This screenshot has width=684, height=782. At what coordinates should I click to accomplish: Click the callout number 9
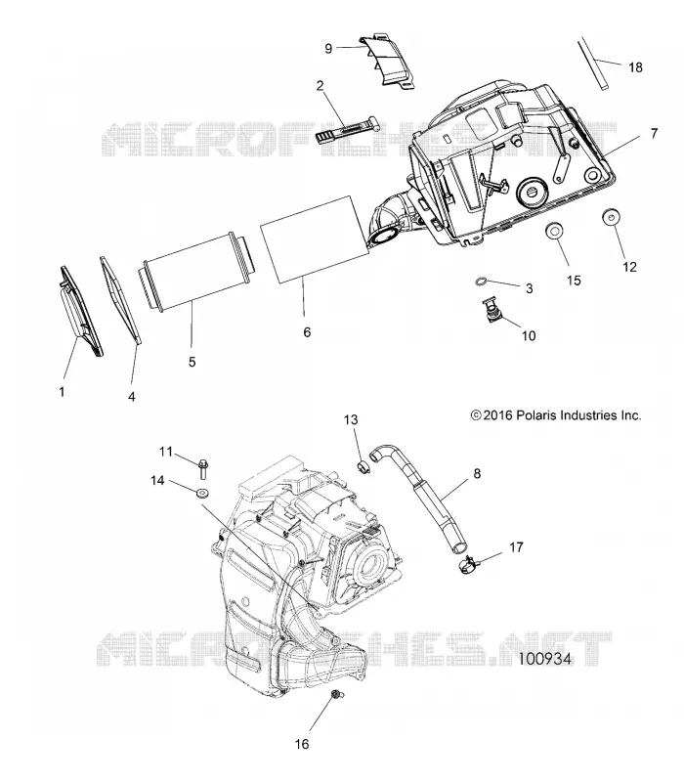(328, 48)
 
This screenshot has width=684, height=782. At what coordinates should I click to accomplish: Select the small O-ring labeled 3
(480, 282)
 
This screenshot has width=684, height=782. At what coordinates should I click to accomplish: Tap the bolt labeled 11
(203, 468)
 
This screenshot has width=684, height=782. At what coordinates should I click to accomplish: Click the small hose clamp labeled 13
(363, 468)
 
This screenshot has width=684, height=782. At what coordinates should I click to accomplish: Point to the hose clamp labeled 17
(468, 565)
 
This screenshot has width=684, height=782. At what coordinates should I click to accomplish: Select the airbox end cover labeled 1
(81, 311)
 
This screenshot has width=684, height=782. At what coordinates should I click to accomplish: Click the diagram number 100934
(544, 658)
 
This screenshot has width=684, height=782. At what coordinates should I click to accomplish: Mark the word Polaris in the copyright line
(537, 414)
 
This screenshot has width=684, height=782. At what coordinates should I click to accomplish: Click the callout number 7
(654, 133)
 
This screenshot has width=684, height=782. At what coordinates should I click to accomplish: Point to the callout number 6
(307, 331)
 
